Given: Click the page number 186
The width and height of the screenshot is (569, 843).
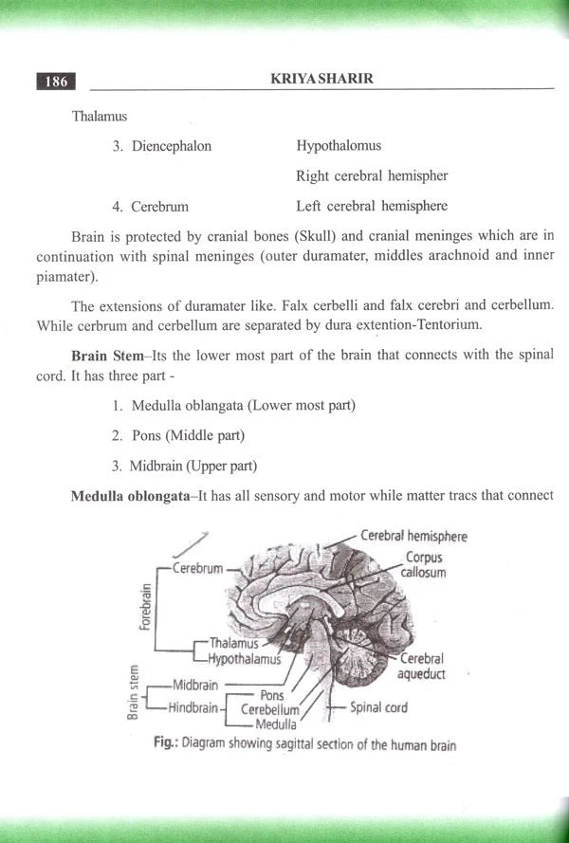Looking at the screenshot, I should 56,82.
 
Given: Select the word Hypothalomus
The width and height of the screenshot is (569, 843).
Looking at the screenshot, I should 339,146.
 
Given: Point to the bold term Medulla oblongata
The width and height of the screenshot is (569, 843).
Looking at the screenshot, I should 130,496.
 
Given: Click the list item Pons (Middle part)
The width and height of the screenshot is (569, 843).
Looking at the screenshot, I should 188,435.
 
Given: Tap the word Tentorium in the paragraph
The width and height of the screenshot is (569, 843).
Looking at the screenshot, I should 451,325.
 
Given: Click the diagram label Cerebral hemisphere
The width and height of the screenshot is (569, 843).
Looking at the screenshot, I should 413,536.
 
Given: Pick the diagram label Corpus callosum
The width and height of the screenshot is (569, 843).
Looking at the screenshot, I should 422,565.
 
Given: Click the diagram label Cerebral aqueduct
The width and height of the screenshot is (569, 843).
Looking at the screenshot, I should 422,667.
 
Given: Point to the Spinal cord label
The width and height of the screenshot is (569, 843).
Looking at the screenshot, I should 378,707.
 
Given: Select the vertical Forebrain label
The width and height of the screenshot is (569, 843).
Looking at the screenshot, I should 145,607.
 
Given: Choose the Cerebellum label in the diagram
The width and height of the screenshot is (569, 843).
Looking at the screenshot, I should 269,709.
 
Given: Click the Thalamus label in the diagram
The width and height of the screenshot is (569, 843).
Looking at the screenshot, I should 234,643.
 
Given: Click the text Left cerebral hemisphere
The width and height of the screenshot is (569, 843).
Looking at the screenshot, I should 371,206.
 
